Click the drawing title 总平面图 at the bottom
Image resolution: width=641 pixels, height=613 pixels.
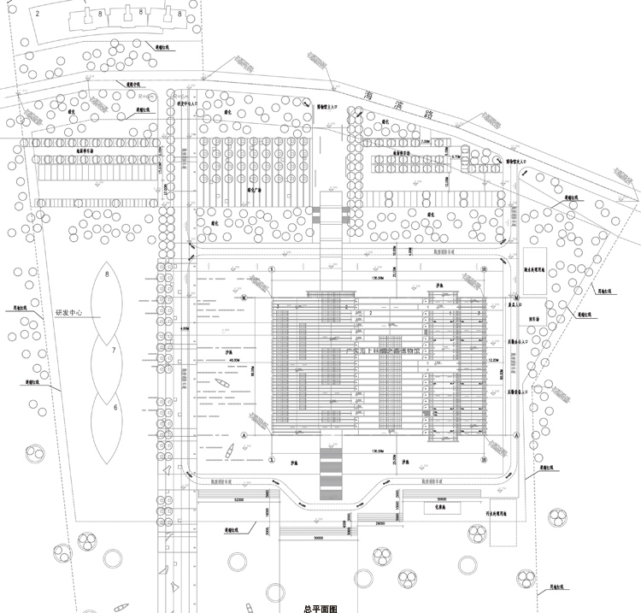coord(320,608)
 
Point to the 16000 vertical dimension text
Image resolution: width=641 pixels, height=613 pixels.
coord(266,512)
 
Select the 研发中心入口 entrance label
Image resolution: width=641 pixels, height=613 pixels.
coord(187,103)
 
